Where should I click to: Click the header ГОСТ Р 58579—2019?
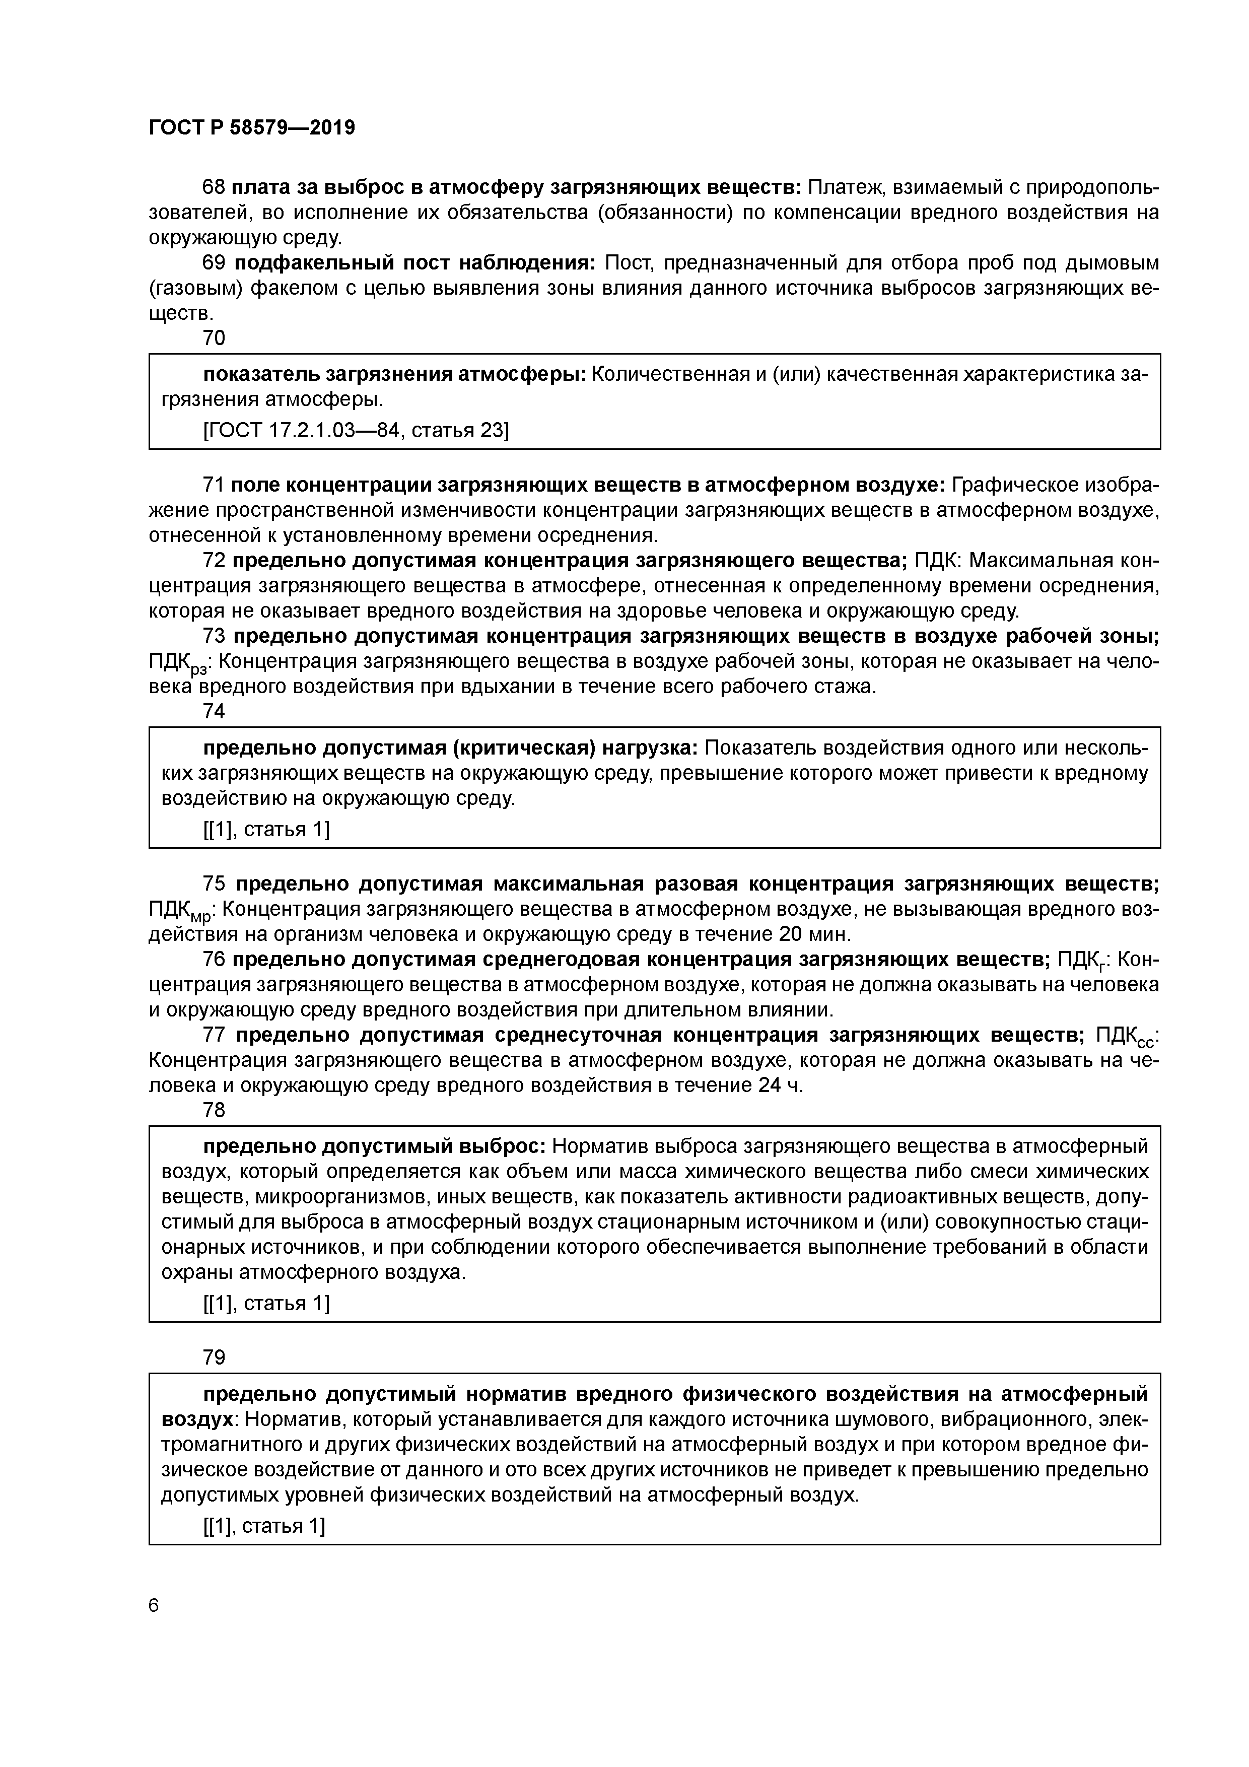coord(252,128)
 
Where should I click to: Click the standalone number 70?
coord(213,338)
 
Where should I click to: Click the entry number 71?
coord(213,485)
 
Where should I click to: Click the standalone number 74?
coord(213,712)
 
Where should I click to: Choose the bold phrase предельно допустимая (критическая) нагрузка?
coord(450,748)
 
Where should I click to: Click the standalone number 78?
coord(213,1111)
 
